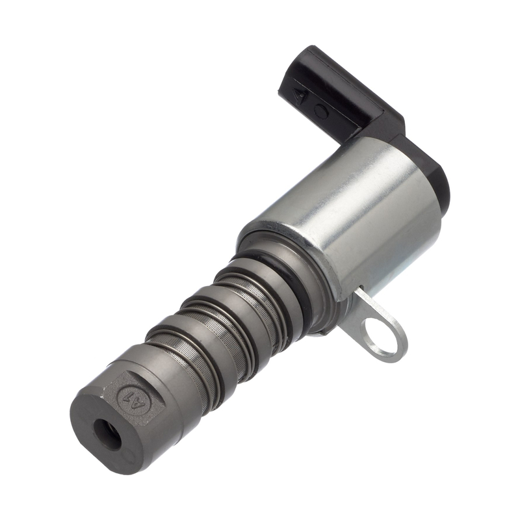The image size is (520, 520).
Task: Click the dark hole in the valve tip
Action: pyautogui.click(x=107, y=433)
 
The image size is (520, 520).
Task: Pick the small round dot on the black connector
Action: pyautogui.click(x=320, y=111)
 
